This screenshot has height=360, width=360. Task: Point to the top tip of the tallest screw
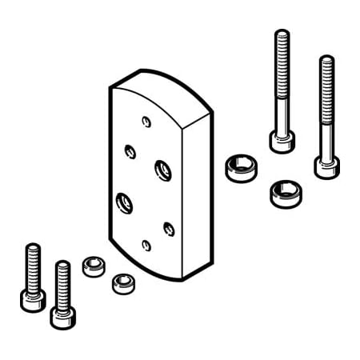tap(281, 34)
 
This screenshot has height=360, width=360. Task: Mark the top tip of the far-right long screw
tap(326, 58)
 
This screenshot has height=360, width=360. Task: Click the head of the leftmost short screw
tap(33, 300)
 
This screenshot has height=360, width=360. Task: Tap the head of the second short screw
tap(62, 316)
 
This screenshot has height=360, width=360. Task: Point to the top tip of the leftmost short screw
tap(32, 246)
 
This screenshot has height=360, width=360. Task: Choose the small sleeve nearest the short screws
tap(93, 266)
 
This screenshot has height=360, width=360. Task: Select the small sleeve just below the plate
tap(122, 282)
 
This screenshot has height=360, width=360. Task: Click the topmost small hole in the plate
tap(146, 121)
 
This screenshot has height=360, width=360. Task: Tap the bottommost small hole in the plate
tap(146, 245)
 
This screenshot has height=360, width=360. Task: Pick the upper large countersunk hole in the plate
tap(162, 169)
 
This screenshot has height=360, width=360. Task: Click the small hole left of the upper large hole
tap(130, 150)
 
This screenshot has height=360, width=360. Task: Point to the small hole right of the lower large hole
tap(168, 228)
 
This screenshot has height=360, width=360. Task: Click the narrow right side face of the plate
tap(198, 200)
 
